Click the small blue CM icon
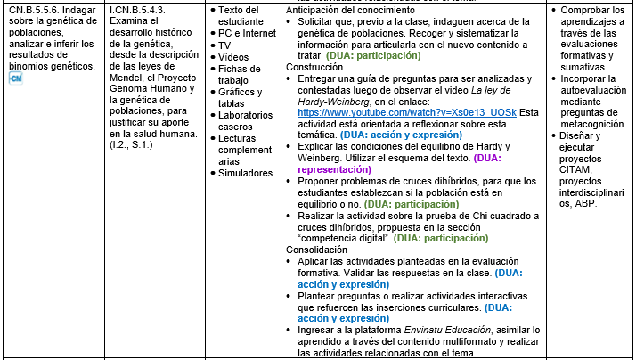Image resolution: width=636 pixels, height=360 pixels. pyautogui.click(x=14, y=79)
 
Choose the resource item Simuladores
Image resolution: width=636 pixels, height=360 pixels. pyautogui.click(x=253, y=173)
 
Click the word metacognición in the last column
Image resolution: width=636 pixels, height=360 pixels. pyautogui.click(x=592, y=123)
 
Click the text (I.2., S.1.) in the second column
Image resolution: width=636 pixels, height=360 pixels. pyautogui.click(x=133, y=144)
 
